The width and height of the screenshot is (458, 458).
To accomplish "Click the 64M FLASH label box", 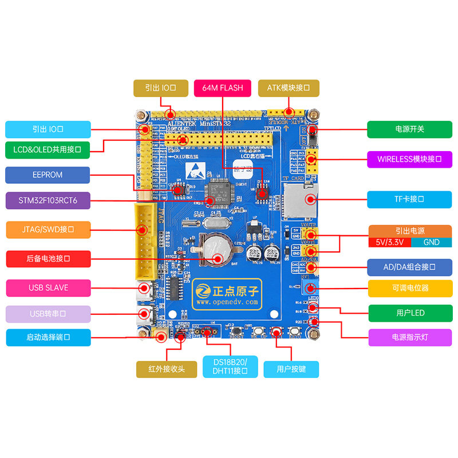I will tap(223, 88).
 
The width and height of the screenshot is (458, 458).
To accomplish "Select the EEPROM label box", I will tap(48, 175).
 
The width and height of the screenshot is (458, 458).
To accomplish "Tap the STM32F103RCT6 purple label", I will tap(48, 200).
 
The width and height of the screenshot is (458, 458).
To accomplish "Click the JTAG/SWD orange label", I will tap(48, 230).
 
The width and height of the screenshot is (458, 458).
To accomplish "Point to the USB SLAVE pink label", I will tap(48, 287).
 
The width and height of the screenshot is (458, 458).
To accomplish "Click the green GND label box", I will tap(431, 242).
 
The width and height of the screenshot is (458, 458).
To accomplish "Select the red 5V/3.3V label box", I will tap(389, 242).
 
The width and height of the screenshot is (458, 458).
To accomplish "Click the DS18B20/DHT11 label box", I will tap(230, 367).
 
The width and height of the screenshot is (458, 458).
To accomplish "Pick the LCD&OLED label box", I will tap(48, 150).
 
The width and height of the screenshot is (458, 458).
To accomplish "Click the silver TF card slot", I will tap(299, 200).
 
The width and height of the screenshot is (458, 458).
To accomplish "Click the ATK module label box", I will tap(289, 88).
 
